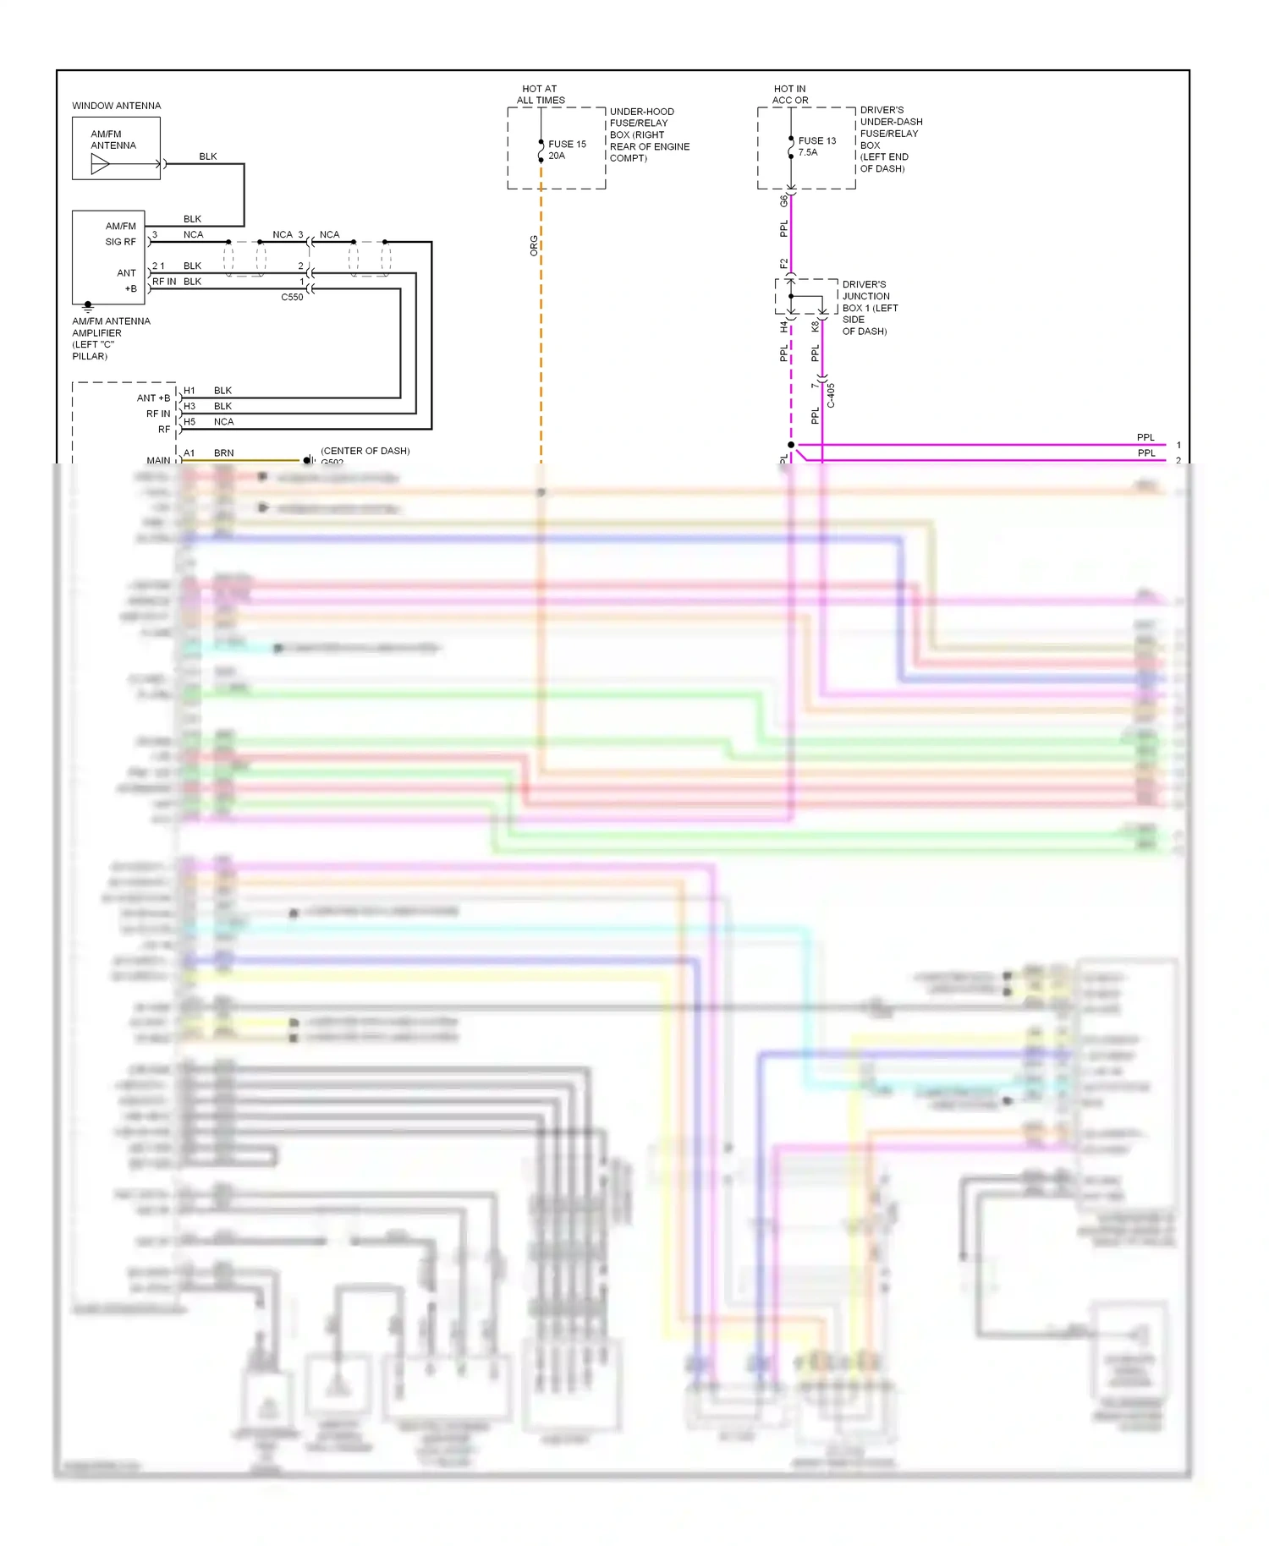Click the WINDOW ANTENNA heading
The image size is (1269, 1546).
116,106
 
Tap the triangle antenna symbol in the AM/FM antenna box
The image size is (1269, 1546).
100,164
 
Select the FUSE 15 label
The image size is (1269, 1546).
567,145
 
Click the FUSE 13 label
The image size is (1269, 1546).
816,141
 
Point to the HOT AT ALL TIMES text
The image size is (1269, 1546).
540,95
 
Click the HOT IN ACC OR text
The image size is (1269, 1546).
790,95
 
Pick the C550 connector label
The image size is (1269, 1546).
292,298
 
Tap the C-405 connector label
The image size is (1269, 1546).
831,395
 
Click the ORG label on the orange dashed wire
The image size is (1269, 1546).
534,246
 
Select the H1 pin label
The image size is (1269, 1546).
190,391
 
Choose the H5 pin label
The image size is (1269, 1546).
190,422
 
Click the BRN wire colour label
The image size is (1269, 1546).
223,453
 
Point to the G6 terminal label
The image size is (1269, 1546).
783,201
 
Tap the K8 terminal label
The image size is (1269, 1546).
815,326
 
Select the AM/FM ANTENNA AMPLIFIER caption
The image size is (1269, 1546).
111,338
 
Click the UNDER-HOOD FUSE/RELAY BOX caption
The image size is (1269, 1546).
649,134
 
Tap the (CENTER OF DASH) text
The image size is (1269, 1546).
365,451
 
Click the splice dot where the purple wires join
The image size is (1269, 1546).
791,445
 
